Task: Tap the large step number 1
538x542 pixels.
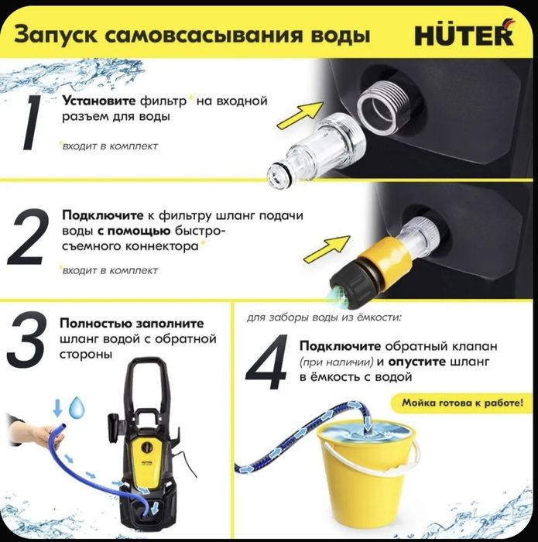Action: (32, 122)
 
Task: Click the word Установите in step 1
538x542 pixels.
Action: (99, 101)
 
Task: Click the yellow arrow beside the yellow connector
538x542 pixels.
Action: (325, 251)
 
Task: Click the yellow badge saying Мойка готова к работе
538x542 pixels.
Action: (461, 403)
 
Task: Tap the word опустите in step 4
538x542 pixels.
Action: (420, 362)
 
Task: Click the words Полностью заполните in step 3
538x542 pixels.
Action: (132, 324)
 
